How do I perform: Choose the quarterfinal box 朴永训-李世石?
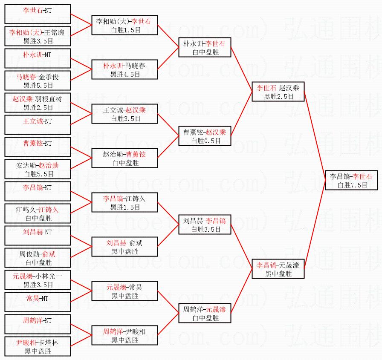coord(205,47)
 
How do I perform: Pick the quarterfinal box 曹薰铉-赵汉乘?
coord(205,136)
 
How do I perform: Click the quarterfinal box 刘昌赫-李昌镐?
coord(205,225)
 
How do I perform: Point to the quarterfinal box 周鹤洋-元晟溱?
coord(205,313)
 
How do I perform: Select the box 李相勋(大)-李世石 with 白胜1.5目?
coord(125,25)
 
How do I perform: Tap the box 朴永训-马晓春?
coord(125,69)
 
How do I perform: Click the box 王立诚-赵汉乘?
coord(125,114)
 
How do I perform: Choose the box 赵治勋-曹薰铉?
coord(125,158)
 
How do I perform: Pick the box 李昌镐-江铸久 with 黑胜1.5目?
coord(125,202)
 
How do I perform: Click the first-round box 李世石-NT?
coord(37,14)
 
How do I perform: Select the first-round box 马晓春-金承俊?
coord(37,81)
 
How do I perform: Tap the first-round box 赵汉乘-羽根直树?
coord(37,103)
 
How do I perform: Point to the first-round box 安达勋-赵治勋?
coord(37,169)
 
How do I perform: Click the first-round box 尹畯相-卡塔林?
coord(37,346)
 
